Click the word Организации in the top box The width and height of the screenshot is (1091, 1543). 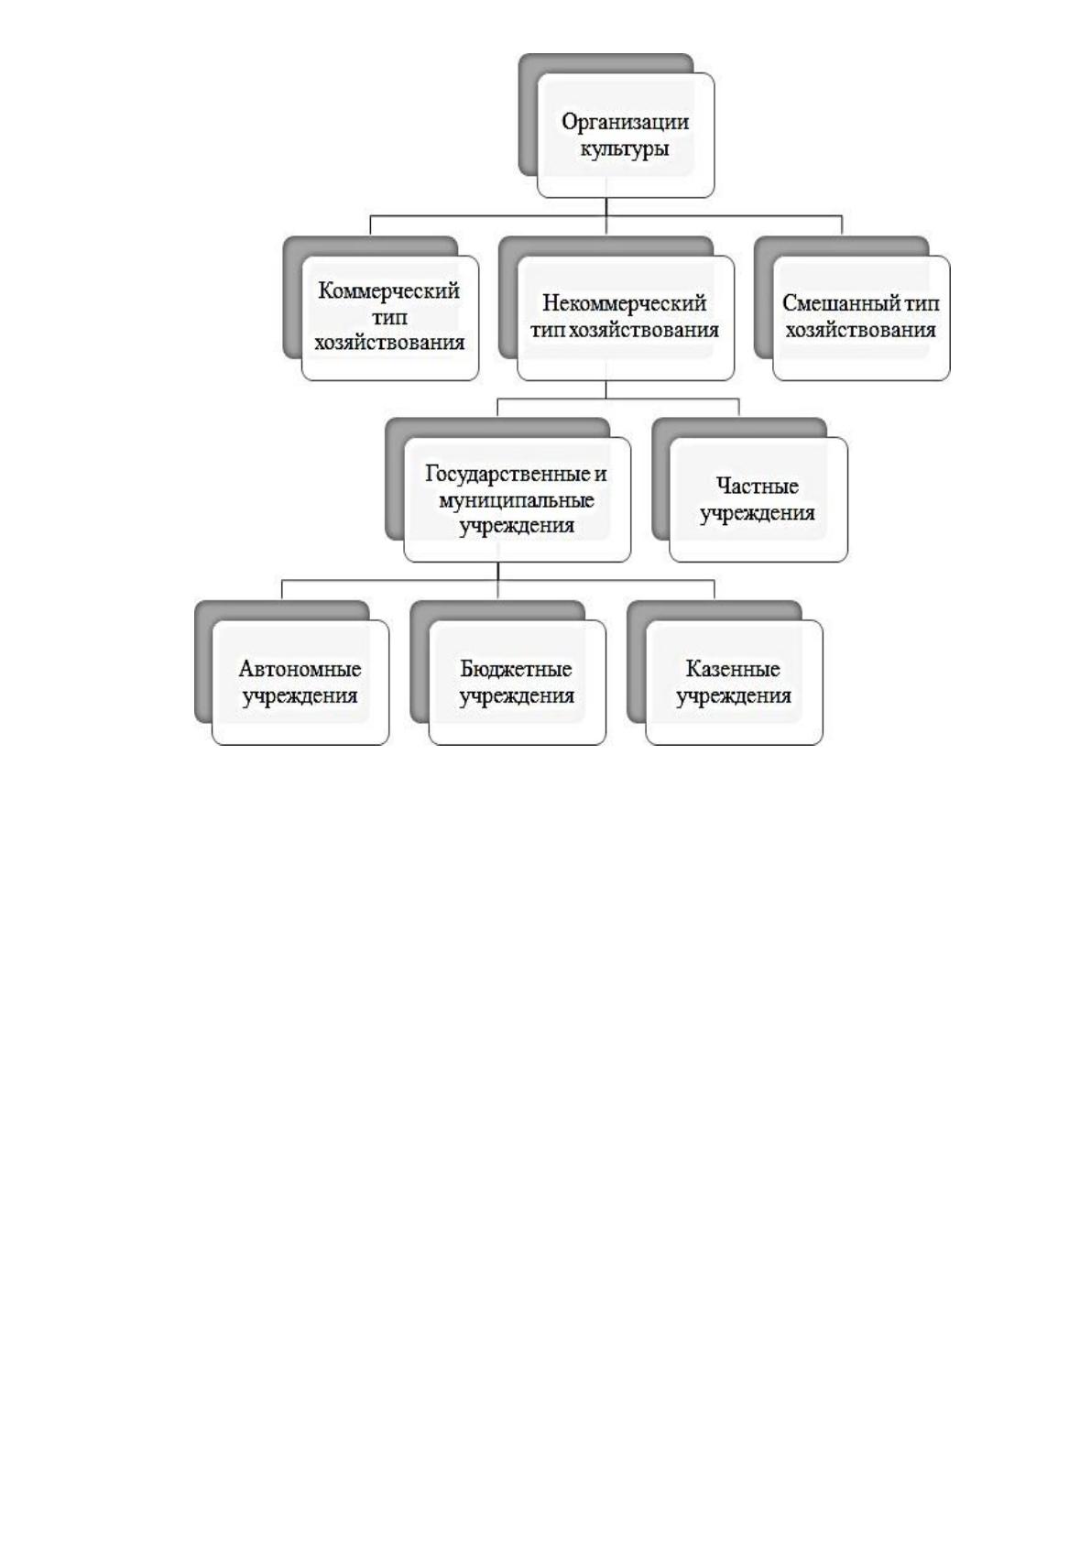625,123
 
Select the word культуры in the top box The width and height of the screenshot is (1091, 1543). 625,149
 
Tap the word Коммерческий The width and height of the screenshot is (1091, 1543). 389,290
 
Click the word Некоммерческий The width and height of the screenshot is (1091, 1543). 625,303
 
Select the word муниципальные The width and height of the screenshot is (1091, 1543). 517,499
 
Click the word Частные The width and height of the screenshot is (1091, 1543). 758,487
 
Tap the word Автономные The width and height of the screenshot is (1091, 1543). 300,669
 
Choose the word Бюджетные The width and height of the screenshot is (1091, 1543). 517,669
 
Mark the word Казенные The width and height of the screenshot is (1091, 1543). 734,669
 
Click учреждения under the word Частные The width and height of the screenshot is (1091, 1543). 758,513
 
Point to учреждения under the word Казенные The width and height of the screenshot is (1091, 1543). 734,695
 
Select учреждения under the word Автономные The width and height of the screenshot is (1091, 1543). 300,695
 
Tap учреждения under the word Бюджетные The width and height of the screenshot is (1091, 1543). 517,695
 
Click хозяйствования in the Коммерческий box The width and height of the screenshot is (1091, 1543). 389,343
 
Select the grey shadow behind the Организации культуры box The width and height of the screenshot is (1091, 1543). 529,114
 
